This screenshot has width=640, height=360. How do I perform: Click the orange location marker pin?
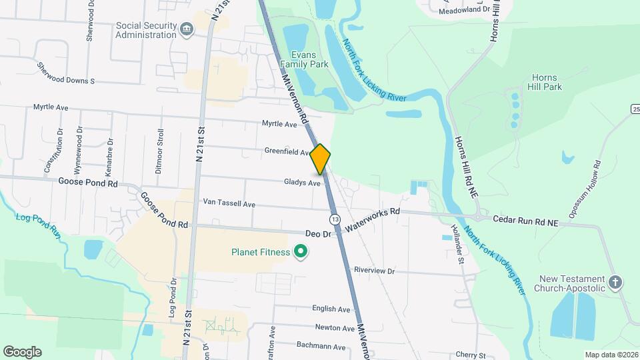click(321, 159)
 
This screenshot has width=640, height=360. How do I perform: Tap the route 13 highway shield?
click(335, 219)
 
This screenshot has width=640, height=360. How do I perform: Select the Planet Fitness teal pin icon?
click(301, 252)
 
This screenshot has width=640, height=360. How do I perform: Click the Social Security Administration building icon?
click(186, 28)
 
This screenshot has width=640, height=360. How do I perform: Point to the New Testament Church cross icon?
click(615, 283)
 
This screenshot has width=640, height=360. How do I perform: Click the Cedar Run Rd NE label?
click(525, 219)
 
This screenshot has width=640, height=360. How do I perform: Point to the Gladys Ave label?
click(302, 182)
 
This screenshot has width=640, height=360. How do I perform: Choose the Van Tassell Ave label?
click(229, 203)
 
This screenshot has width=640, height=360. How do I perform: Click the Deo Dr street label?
click(318, 235)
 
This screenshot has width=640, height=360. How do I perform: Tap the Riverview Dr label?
click(375, 271)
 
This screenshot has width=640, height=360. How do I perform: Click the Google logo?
click(22, 352)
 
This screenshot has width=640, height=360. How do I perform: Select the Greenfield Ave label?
click(287, 151)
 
